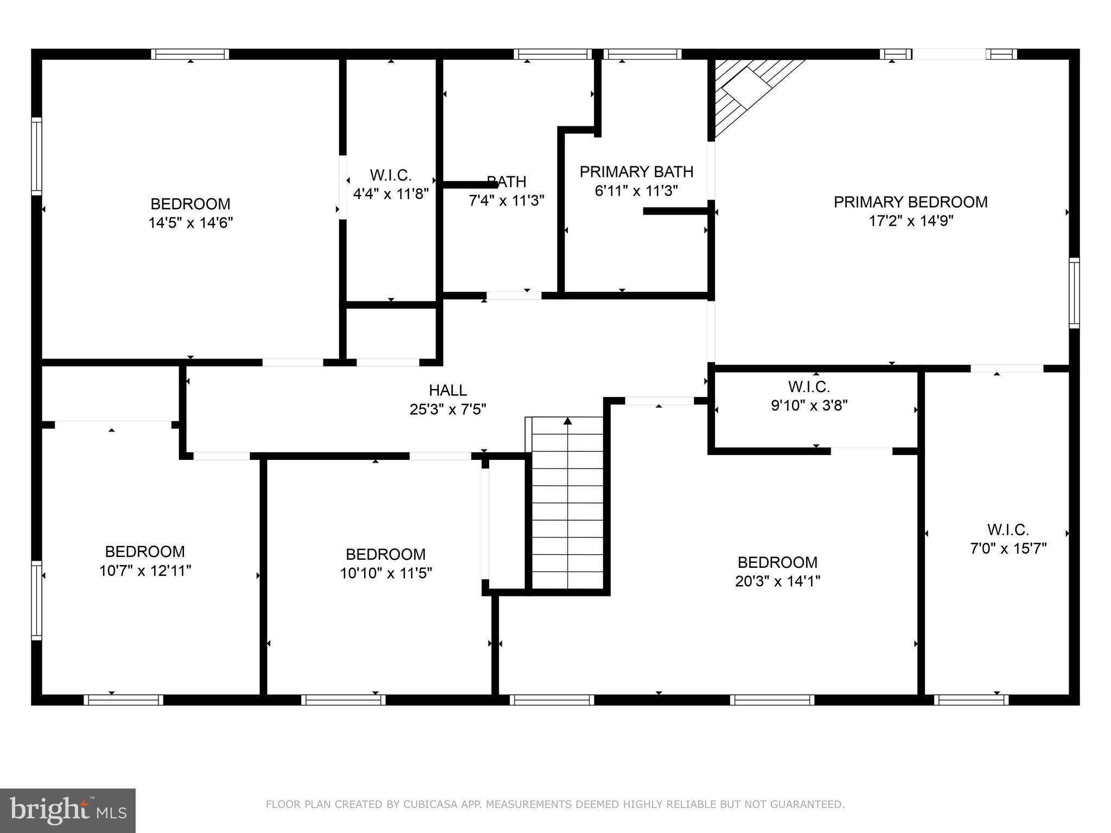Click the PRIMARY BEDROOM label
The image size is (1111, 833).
(x=910, y=202)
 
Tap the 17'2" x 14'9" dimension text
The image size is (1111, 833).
(x=910, y=221)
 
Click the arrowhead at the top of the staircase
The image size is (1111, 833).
(x=567, y=421)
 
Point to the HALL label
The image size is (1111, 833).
(x=448, y=390)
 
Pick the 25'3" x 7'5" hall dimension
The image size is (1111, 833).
(x=448, y=409)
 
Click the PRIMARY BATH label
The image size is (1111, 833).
(x=636, y=172)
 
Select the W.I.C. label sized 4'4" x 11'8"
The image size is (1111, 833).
(x=391, y=175)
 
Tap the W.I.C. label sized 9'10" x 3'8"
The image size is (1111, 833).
(x=809, y=387)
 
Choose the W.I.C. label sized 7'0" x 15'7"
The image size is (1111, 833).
(x=1008, y=529)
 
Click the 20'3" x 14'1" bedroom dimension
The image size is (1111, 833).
(x=777, y=581)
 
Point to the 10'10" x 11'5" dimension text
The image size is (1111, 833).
(x=386, y=573)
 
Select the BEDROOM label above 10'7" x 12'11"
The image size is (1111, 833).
(x=145, y=552)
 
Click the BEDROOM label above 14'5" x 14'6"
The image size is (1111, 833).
(x=190, y=204)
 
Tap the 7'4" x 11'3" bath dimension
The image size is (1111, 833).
(x=506, y=201)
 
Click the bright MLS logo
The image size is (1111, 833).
(x=67, y=810)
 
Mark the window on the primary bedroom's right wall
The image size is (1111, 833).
(x=1074, y=293)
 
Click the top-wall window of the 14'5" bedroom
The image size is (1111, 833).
(x=190, y=54)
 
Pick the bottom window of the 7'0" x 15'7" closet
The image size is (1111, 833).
(x=971, y=700)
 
